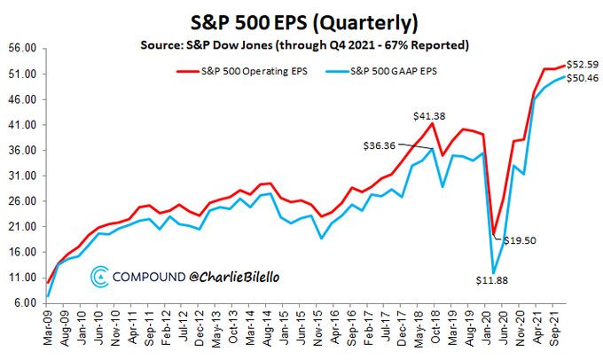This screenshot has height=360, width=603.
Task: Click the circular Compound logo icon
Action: [x=100, y=278]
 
